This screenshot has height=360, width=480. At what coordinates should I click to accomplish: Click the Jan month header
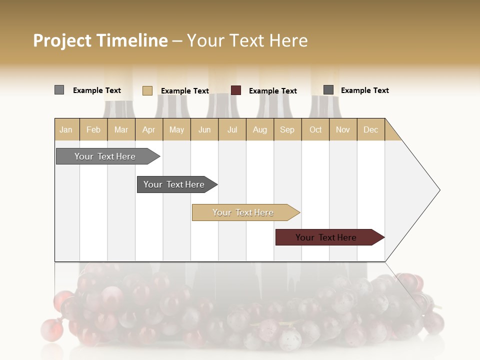66,129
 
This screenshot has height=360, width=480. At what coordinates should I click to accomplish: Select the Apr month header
149,129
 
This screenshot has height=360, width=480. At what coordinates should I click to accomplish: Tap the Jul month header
232,129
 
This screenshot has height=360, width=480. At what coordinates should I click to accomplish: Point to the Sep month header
287,129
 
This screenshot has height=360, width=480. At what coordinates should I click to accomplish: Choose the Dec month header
370,129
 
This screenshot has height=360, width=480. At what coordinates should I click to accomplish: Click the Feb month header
93,129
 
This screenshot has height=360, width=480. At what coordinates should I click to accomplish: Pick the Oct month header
315,129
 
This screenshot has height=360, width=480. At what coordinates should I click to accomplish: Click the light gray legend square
59,90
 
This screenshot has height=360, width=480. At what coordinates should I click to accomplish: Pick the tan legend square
147,90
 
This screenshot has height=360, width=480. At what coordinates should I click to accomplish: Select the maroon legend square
236,90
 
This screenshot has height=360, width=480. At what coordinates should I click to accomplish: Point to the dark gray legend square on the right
328,90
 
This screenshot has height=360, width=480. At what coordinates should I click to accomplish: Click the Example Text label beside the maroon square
273,91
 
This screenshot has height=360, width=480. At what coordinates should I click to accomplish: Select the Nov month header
343,129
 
